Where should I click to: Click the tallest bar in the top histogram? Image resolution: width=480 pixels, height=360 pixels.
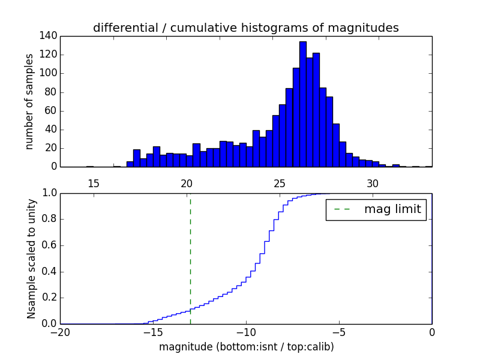click(303, 105)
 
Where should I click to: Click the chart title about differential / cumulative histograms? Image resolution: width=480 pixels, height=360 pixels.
click(246, 28)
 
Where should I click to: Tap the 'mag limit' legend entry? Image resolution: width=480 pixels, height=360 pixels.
click(376, 209)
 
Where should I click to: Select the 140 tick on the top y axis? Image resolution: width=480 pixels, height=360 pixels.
click(49, 36)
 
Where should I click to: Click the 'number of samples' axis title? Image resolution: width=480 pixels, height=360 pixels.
click(29, 101)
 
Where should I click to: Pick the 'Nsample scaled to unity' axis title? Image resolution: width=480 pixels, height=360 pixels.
click(31, 258)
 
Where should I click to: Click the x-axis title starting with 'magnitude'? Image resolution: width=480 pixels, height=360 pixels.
click(246, 347)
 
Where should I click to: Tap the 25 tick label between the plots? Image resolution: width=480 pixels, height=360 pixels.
click(280, 183)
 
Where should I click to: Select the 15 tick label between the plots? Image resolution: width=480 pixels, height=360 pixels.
click(93, 183)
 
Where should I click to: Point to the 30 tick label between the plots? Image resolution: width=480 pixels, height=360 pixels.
click(373, 183)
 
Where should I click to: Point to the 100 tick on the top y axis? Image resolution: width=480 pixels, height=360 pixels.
click(49, 73)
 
